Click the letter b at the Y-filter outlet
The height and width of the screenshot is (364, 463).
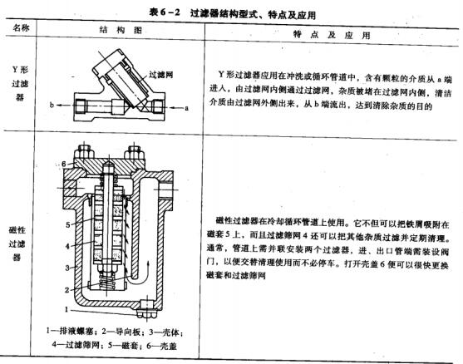click(x=52, y=107)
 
